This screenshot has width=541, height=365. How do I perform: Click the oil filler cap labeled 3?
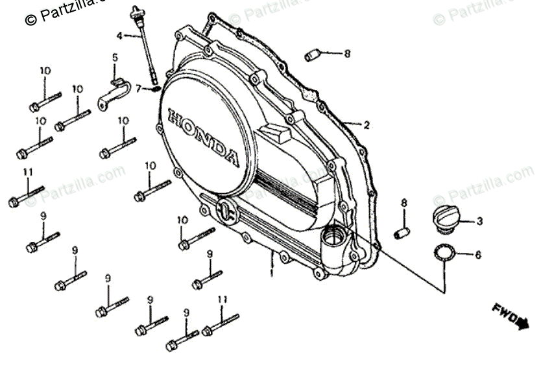[444, 217]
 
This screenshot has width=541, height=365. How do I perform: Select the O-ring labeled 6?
[442, 252]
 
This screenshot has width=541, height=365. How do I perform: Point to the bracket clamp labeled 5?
[114, 91]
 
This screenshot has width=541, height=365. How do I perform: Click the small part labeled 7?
[154, 87]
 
